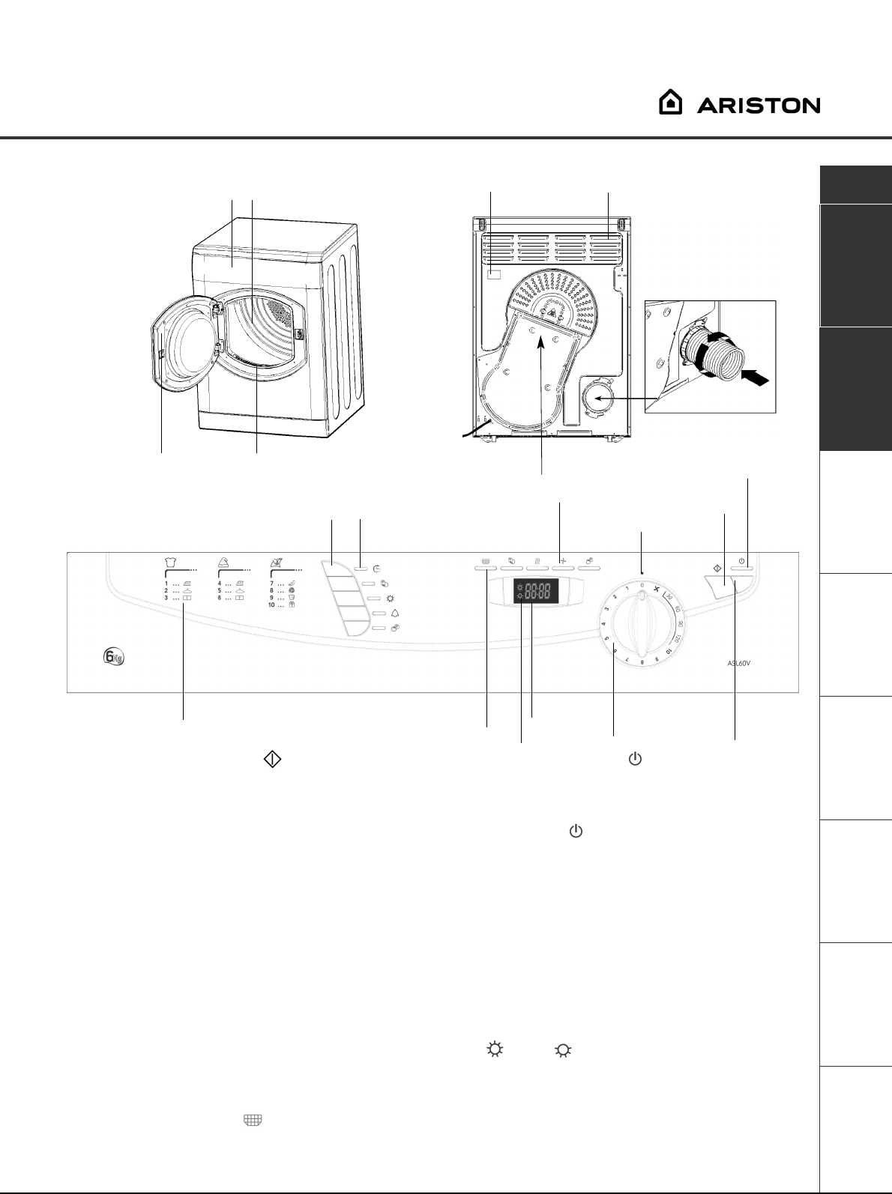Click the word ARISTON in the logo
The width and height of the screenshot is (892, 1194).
(x=759, y=106)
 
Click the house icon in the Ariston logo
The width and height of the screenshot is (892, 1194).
(x=670, y=103)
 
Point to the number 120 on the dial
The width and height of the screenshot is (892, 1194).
(x=678, y=639)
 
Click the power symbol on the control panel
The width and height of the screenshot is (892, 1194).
(x=741, y=560)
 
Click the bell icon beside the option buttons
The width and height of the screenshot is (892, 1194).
(x=395, y=613)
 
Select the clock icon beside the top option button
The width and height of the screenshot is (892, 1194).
(x=377, y=569)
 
